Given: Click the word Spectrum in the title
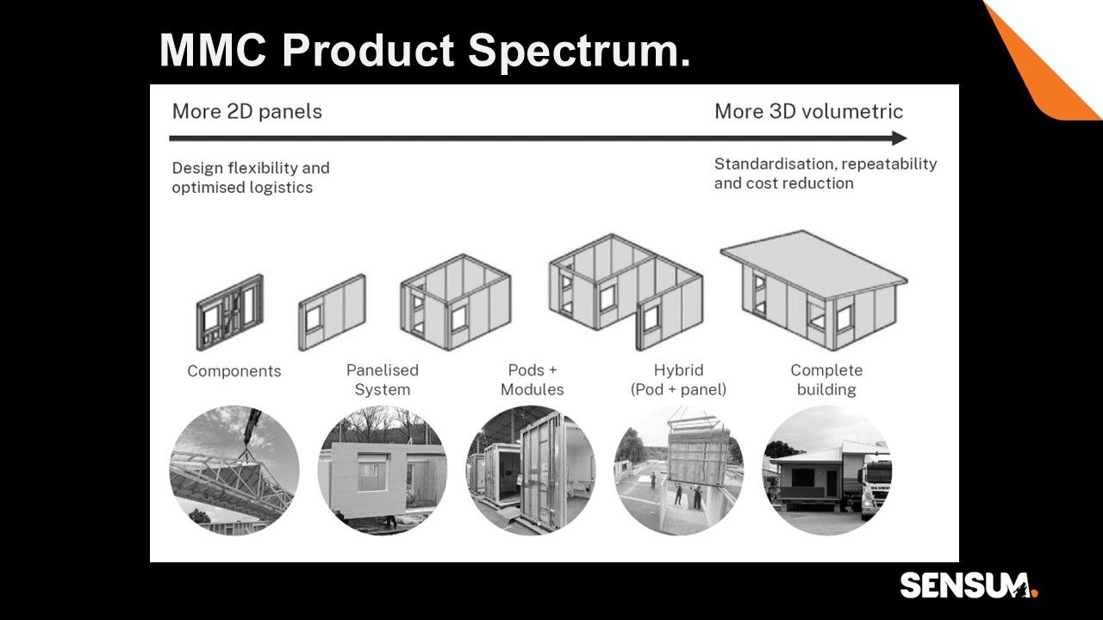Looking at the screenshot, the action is coord(579,52).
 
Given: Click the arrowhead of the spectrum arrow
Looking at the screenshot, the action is coord(900,139).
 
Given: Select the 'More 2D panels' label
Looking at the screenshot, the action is coord(246,112).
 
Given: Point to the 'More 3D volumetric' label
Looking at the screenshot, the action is coord(808,112).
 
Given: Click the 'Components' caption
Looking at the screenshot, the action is coord(234,371).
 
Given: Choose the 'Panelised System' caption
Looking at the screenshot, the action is coord(383,380).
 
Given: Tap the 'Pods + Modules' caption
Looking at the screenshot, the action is coord(533,380).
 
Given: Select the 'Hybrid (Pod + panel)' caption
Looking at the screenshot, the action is coord(678,380).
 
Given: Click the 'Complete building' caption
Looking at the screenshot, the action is coord(826,380).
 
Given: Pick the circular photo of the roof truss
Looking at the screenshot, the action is coord(234,470).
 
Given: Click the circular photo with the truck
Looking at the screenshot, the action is coord(827,470).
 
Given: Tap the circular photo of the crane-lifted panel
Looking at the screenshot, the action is coord(679,470).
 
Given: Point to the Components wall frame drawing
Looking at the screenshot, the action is coord(230,313).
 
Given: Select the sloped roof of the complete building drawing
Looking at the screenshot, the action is coord(813,263).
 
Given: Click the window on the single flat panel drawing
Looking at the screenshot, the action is coord(313,319).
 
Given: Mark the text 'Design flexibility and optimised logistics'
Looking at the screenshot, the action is coord(251,177).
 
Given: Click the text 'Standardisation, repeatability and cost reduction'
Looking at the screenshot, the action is coord(826,173).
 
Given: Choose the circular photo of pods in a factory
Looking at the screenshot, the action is coord(531,470).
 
